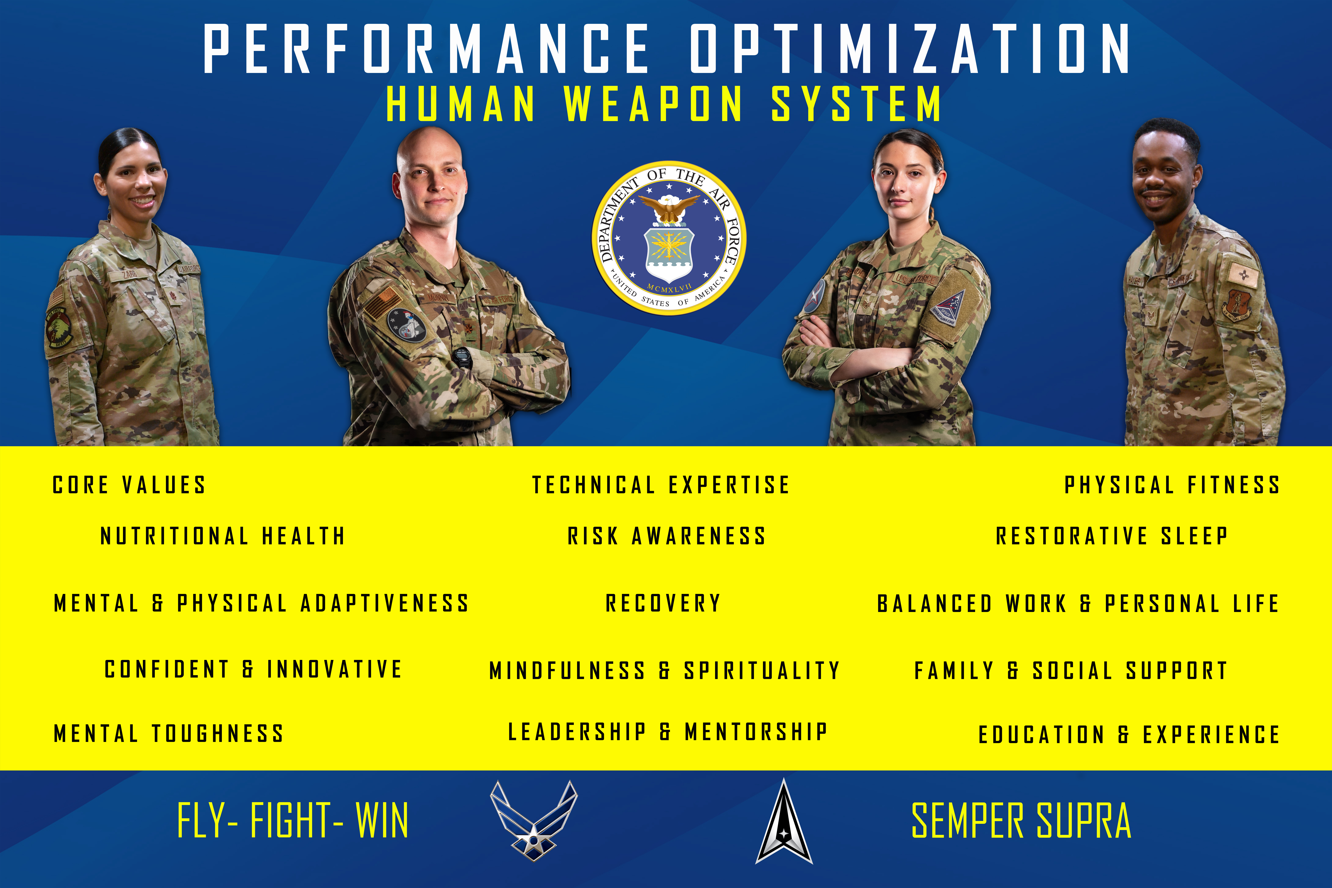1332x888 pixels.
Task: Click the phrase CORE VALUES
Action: pos(129,485)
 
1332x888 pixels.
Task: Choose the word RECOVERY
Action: pos(663,603)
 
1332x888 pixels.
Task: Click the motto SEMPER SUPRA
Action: pos(1021,821)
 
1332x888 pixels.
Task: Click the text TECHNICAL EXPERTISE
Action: pos(661,485)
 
